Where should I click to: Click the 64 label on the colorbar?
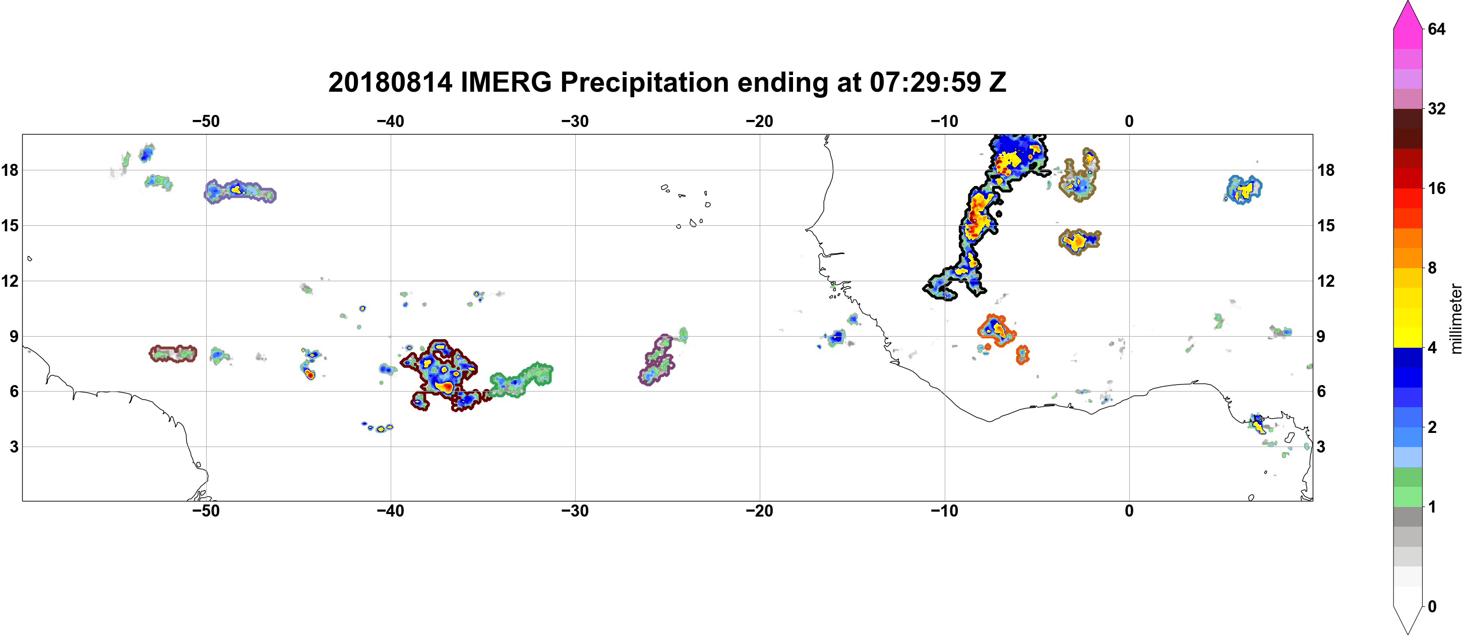1437,29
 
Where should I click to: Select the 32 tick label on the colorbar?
1437,108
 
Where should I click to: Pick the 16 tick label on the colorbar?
1437,188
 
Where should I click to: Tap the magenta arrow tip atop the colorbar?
1407,3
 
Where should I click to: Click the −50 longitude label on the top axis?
206,121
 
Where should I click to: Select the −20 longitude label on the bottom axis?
759,511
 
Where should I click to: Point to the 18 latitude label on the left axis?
10,170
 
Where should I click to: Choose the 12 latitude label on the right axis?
1326,281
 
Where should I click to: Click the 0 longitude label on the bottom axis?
1129,511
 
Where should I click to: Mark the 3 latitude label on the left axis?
14,447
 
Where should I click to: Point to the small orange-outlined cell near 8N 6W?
1022,354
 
